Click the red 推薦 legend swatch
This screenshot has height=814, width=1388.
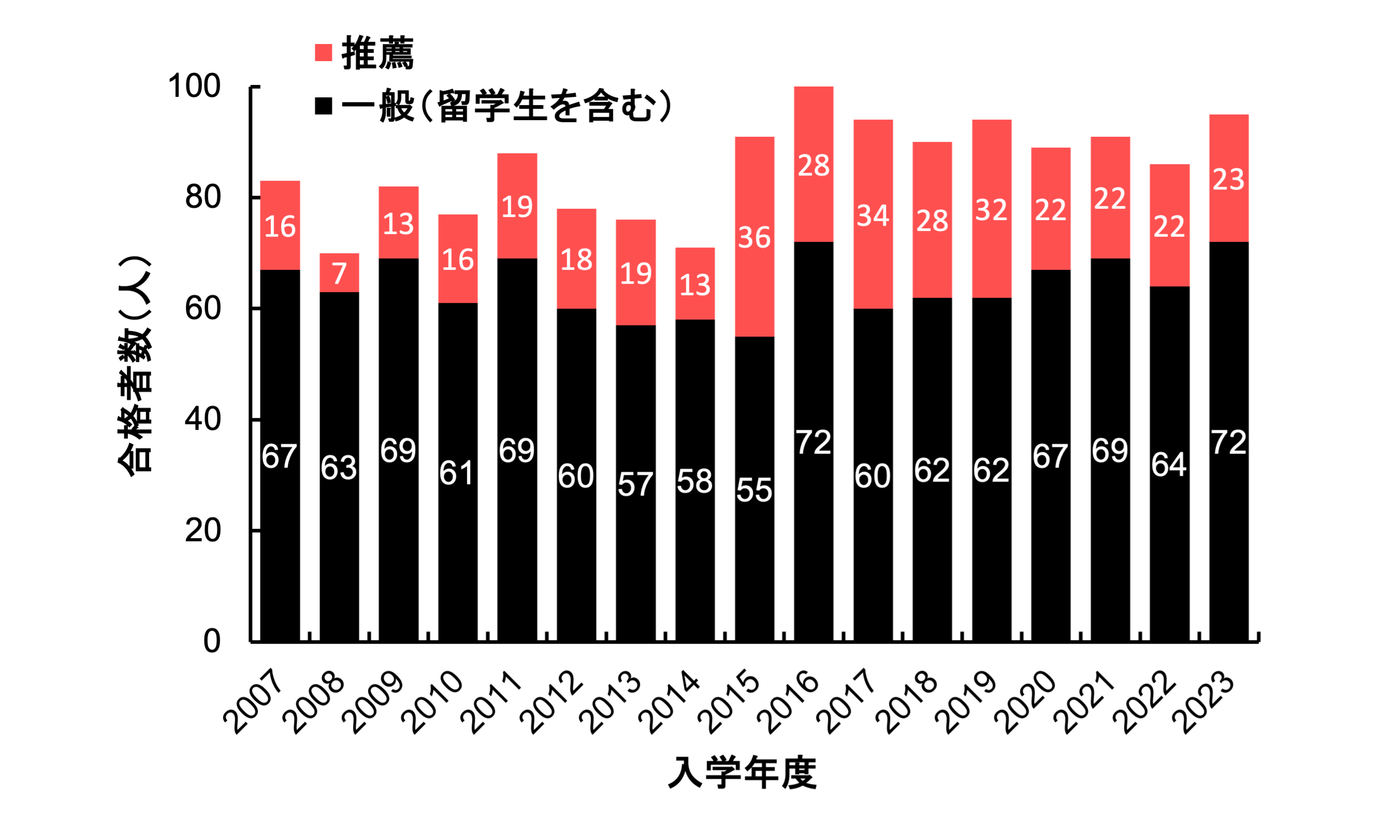tap(324, 53)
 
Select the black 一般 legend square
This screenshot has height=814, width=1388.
tap(324, 106)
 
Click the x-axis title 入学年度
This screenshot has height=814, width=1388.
tap(741, 773)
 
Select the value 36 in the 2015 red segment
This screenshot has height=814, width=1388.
tap(754, 237)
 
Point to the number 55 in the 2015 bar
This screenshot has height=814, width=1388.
tap(754, 490)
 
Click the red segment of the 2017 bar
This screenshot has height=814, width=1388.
tap(873, 165)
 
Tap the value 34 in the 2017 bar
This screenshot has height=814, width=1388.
tap(873, 215)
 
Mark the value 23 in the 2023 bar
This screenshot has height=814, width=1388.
tap(1229, 180)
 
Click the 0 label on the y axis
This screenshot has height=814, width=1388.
tap(212, 642)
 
